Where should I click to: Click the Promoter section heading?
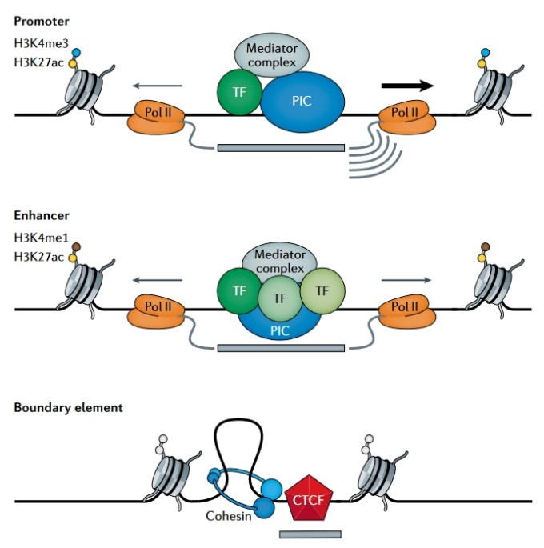41,18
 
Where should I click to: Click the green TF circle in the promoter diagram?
238,91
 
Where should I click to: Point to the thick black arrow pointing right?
407,86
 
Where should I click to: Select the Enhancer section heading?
41,217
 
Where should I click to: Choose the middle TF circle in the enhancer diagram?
279,298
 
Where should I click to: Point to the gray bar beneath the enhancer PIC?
281,348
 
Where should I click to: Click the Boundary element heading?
68,408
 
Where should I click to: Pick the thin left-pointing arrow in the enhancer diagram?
158,280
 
